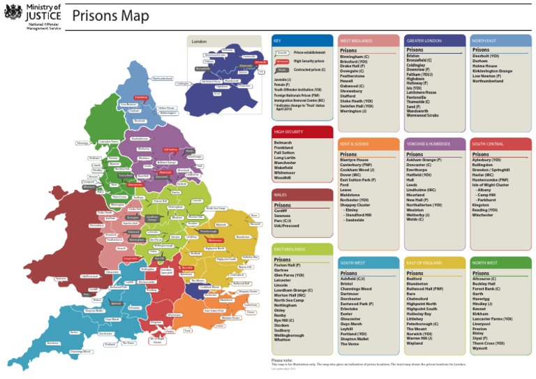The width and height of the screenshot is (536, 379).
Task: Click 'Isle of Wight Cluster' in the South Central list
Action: click(x=492, y=184)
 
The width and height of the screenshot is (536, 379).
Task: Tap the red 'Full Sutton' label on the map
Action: click(x=170, y=149)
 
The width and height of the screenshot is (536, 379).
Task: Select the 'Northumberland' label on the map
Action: click(x=162, y=79)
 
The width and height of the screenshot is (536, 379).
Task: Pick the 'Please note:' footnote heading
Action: click(x=282, y=359)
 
